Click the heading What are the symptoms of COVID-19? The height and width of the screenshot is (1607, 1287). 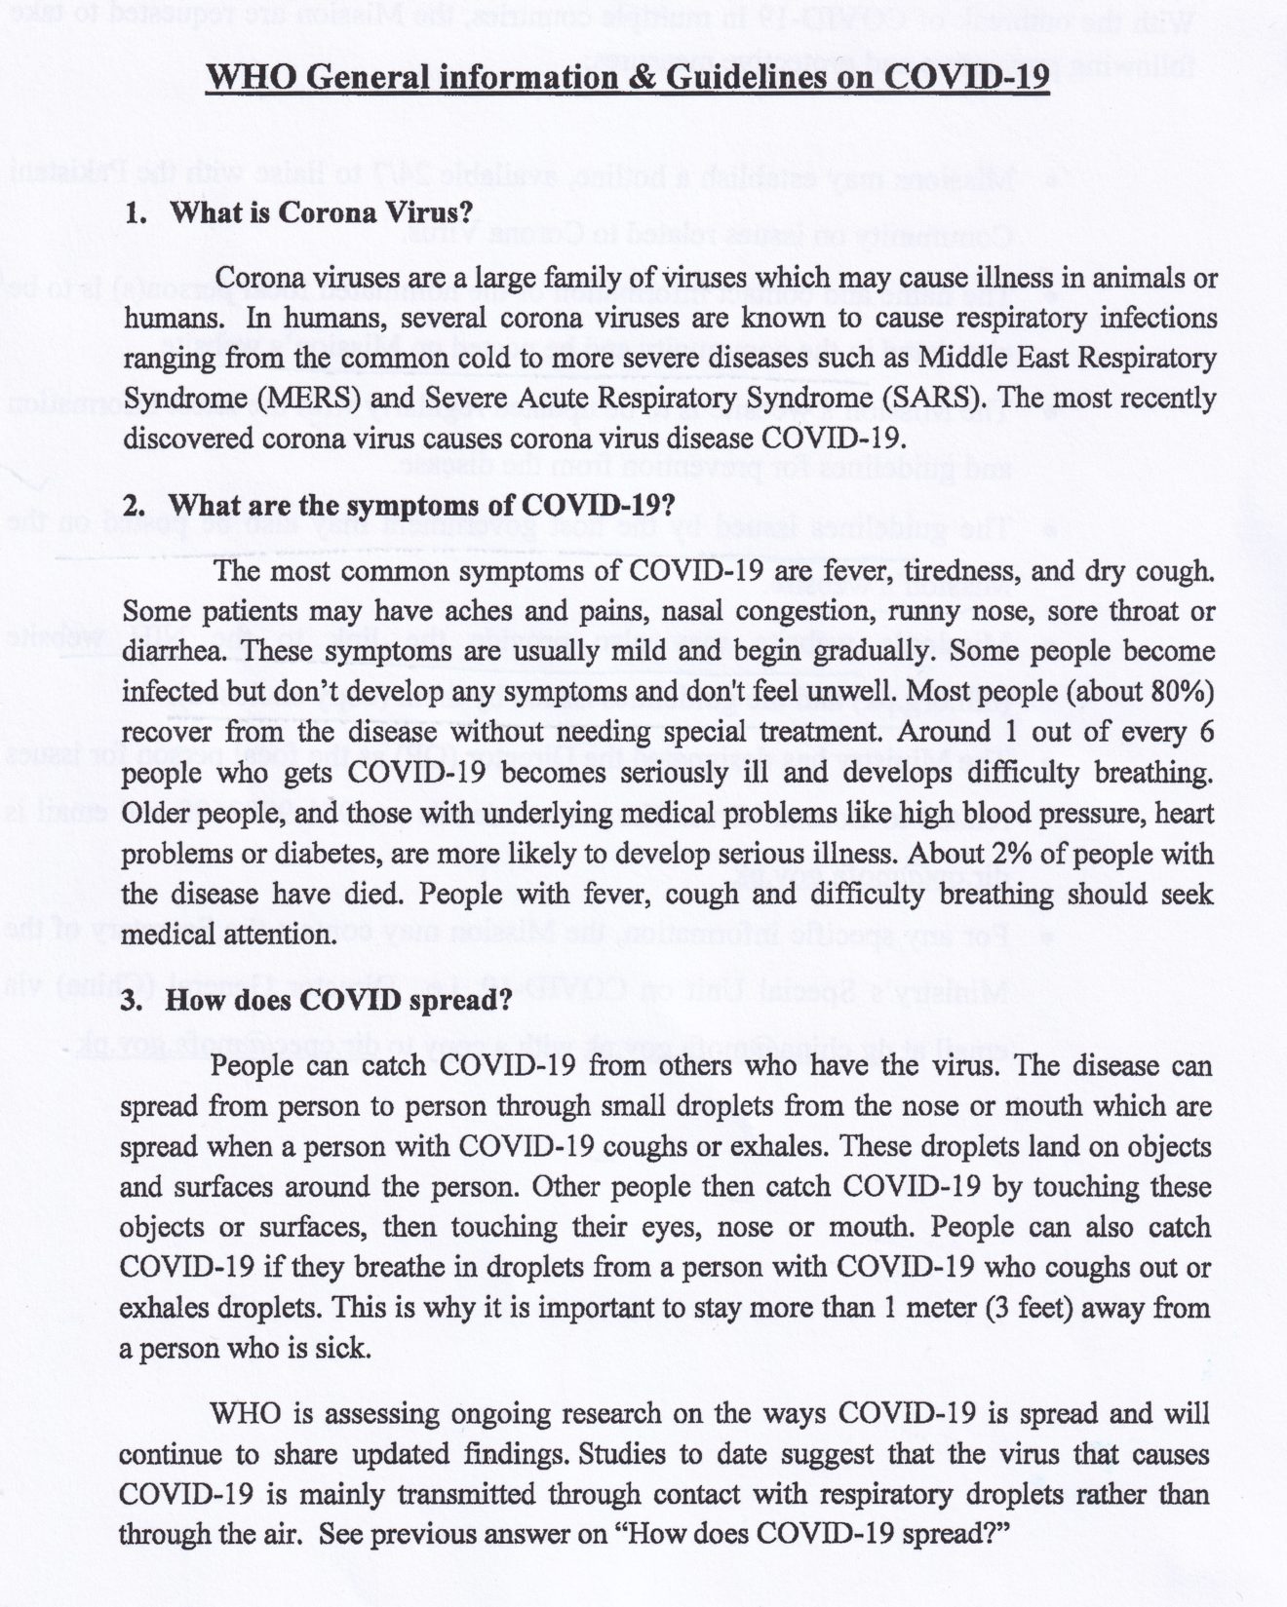point(421,506)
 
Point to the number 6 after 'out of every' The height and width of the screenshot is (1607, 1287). point(1207,732)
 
